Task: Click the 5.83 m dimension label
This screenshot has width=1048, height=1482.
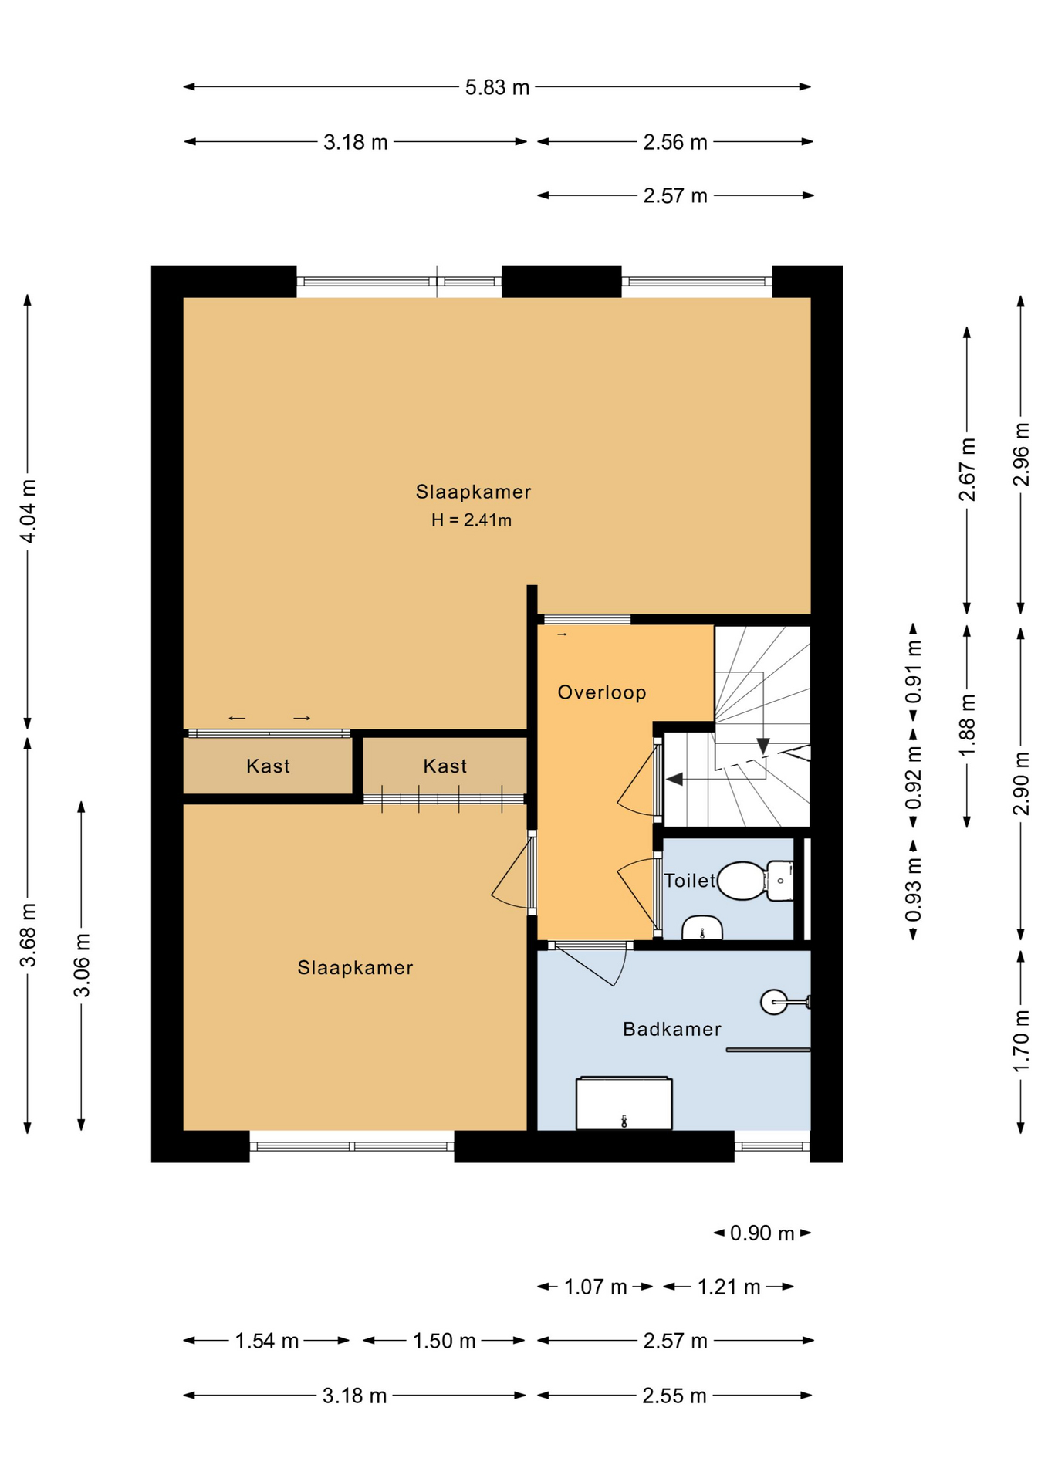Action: point(497,87)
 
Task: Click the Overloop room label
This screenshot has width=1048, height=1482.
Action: point(602,692)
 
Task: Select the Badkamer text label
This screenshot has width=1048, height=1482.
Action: point(671,1029)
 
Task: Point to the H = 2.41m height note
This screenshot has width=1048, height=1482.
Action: point(471,520)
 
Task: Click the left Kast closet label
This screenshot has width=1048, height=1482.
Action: point(268,766)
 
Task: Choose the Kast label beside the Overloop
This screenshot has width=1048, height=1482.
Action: point(445,766)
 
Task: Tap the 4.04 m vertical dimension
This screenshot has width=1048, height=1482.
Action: point(28,511)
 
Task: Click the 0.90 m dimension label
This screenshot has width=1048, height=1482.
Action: point(762,1233)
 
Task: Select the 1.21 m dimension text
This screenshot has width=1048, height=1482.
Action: point(729,1287)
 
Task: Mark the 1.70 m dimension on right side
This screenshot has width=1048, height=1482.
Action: point(1021,1040)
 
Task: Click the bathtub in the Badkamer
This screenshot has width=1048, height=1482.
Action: point(624,1105)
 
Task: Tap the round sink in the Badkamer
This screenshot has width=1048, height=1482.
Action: point(774,1002)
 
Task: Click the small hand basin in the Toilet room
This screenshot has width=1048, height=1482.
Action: point(701,929)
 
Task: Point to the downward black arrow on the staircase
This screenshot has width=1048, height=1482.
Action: point(762,746)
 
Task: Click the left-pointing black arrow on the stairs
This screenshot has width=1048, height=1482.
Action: point(674,780)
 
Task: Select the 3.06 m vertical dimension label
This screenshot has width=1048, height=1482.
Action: point(82,965)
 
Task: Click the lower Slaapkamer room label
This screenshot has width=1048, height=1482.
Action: point(355,968)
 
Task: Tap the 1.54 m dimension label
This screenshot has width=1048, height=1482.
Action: point(266,1342)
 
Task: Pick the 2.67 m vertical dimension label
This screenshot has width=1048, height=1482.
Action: point(967,469)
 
